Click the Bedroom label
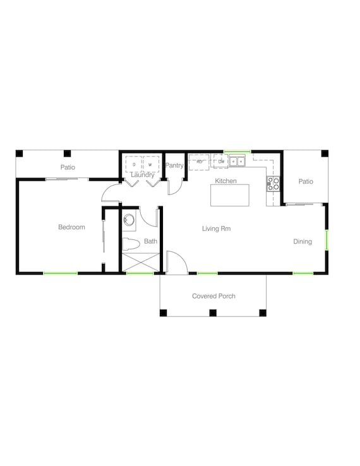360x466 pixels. tap(71, 227)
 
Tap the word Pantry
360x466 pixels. tap(174, 166)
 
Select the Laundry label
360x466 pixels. tap(142, 175)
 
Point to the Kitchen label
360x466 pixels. tap(225, 181)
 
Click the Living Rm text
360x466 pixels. tap(216, 229)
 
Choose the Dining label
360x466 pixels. tap(303, 241)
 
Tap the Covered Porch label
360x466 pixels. tap(213, 296)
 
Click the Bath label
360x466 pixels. tap(150, 241)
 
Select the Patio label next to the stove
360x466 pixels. tap(306, 182)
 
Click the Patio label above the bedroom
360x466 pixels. tap(68, 167)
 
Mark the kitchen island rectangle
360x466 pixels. tap(230, 195)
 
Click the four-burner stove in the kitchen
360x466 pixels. tap(273, 184)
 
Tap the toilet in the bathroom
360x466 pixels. tap(129, 243)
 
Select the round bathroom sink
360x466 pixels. tap(129, 220)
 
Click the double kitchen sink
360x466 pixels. tap(237, 162)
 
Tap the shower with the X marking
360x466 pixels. tap(140, 262)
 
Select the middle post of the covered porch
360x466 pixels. tap(213, 313)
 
